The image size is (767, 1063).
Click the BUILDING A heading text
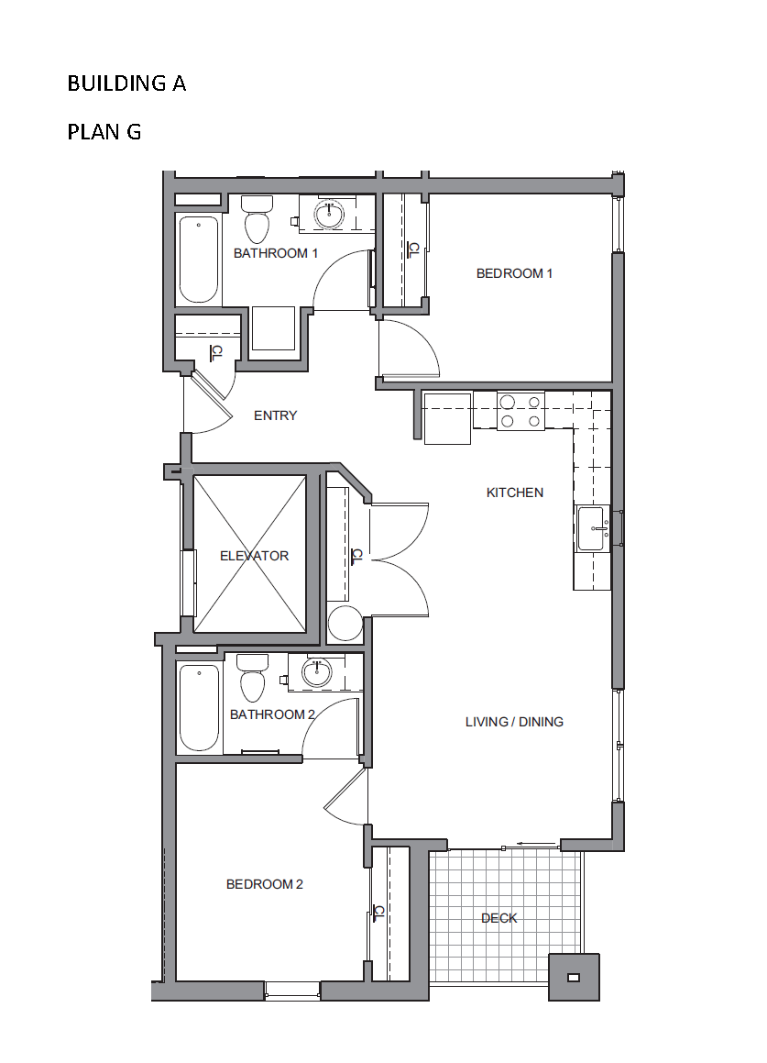[126, 83]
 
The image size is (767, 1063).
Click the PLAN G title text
[104, 131]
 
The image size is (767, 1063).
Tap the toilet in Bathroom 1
[257, 219]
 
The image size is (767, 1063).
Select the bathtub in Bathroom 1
[199, 260]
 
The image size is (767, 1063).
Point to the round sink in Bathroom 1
[329, 215]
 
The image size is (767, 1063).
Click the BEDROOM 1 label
[514, 273]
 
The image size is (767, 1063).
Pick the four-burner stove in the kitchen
[521, 411]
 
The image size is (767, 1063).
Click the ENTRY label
[275, 415]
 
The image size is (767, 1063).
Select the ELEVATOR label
[254, 556]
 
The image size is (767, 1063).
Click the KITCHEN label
[515, 493]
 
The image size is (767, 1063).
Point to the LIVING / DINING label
[514, 722]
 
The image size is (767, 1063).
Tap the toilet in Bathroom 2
[252, 678]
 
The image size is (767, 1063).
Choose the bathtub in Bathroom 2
[199, 707]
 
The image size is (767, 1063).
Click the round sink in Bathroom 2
[316, 672]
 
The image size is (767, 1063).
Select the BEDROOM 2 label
[264, 884]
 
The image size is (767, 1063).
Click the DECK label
[499, 918]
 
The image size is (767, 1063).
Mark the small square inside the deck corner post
[574, 977]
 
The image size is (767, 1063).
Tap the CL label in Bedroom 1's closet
[412, 250]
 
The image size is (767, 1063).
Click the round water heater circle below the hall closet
[345, 624]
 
